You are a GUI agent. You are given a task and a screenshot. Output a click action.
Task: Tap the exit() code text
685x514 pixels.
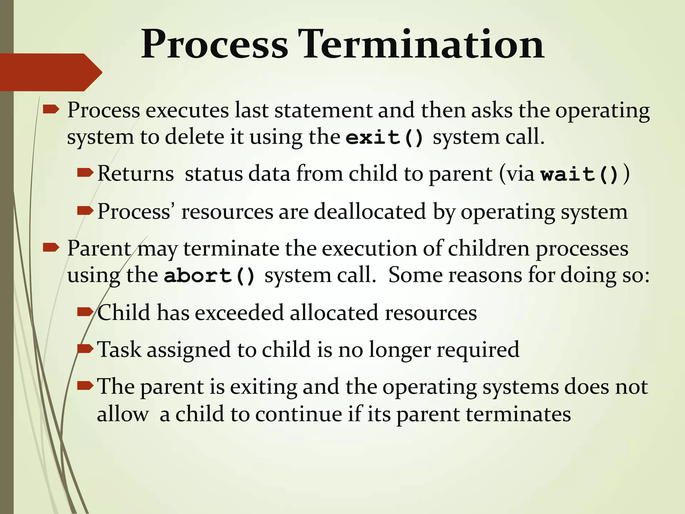pyautogui.click(x=385, y=138)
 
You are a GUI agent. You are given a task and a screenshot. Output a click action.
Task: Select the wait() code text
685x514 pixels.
pyautogui.click(x=580, y=174)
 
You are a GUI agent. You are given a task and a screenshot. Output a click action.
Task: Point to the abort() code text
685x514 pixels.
pyautogui.click(x=209, y=276)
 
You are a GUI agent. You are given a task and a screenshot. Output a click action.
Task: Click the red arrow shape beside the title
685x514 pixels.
pyautogui.click(x=50, y=72)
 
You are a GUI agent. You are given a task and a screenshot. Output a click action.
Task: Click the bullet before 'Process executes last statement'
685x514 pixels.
pyautogui.click(x=51, y=109)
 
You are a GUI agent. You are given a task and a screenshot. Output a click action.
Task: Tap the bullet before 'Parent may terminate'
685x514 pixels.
pyautogui.click(x=51, y=248)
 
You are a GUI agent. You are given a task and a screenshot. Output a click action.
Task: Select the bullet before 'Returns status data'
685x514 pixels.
pyautogui.click(x=85, y=173)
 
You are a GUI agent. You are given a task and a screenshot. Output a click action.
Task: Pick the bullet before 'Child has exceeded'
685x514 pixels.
pyautogui.click(x=85, y=312)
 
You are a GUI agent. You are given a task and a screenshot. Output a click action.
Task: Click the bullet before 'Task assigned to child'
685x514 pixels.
pyautogui.click(x=85, y=349)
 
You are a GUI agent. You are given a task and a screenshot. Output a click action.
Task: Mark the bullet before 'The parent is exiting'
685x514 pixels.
pyautogui.click(x=85, y=386)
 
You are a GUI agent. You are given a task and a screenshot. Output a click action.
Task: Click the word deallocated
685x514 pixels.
pyautogui.click(x=370, y=211)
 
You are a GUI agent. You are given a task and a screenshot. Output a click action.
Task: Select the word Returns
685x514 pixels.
pyautogui.click(x=135, y=174)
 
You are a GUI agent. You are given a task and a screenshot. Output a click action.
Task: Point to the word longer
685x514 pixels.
pyautogui.click(x=400, y=350)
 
